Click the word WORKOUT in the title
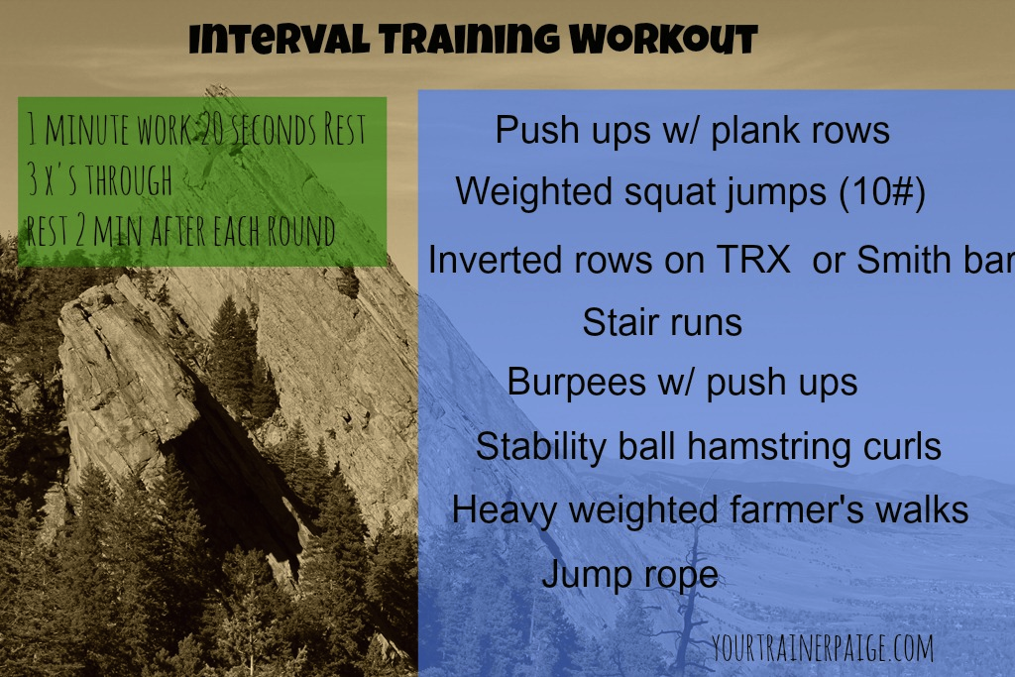(x=663, y=39)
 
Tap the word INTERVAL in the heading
(x=279, y=39)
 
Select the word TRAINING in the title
(x=469, y=39)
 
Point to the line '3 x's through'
(x=100, y=179)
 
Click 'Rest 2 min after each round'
(x=180, y=230)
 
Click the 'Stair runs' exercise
(x=662, y=322)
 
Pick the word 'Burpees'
(x=577, y=382)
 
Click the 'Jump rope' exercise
(x=629, y=574)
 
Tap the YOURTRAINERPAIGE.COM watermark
(x=823, y=647)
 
